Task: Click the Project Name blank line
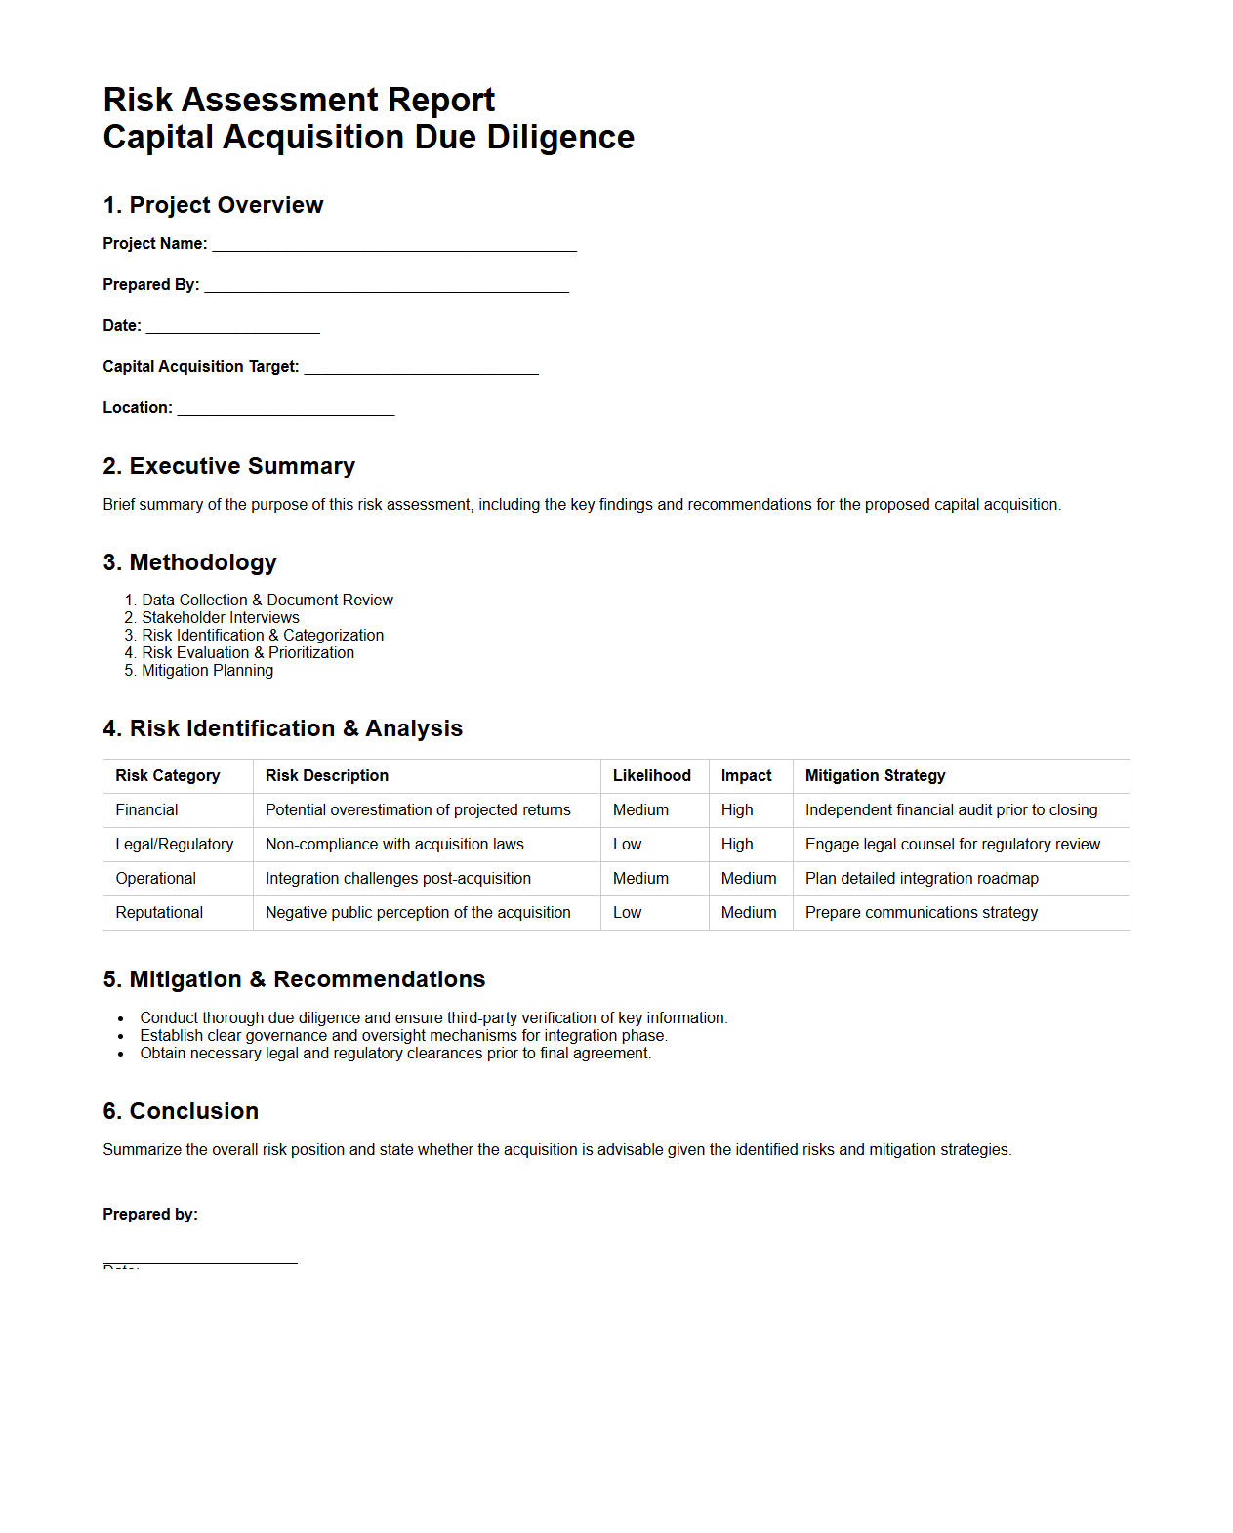pyautogui.click(x=394, y=244)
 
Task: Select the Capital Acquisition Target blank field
pyautogui.click(x=421, y=367)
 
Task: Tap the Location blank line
pyautogui.click(x=285, y=408)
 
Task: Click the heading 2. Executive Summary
pyautogui.click(x=228, y=466)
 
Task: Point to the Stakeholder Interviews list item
pyautogui.click(x=221, y=617)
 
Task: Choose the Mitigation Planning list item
pyautogui.click(x=207, y=670)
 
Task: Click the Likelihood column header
pyautogui.click(x=651, y=775)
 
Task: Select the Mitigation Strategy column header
pyautogui.click(x=875, y=775)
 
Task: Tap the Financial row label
pyautogui.click(x=146, y=809)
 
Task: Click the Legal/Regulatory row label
pyautogui.click(x=174, y=844)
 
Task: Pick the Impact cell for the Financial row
pyautogui.click(x=737, y=809)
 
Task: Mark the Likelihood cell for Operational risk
pyautogui.click(x=640, y=878)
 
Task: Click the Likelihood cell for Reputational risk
pyautogui.click(x=627, y=912)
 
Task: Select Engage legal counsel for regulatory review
pyautogui.click(x=952, y=844)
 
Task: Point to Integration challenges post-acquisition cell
pyautogui.click(x=397, y=878)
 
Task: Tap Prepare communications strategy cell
pyautogui.click(x=921, y=912)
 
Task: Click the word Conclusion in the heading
pyautogui.click(x=194, y=1111)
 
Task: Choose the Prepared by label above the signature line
pyautogui.click(x=150, y=1214)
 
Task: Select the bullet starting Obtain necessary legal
pyautogui.click(x=394, y=1053)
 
